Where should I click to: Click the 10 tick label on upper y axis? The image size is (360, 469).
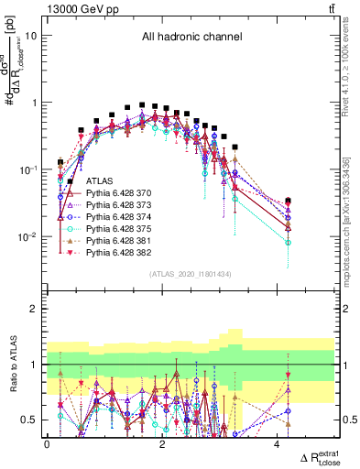(31, 36)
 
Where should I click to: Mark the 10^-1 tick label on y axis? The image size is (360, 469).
(29, 169)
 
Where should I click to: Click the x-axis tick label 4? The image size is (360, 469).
(278, 445)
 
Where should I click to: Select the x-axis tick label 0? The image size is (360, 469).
(47, 445)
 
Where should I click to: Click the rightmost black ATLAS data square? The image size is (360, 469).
(289, 200)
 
